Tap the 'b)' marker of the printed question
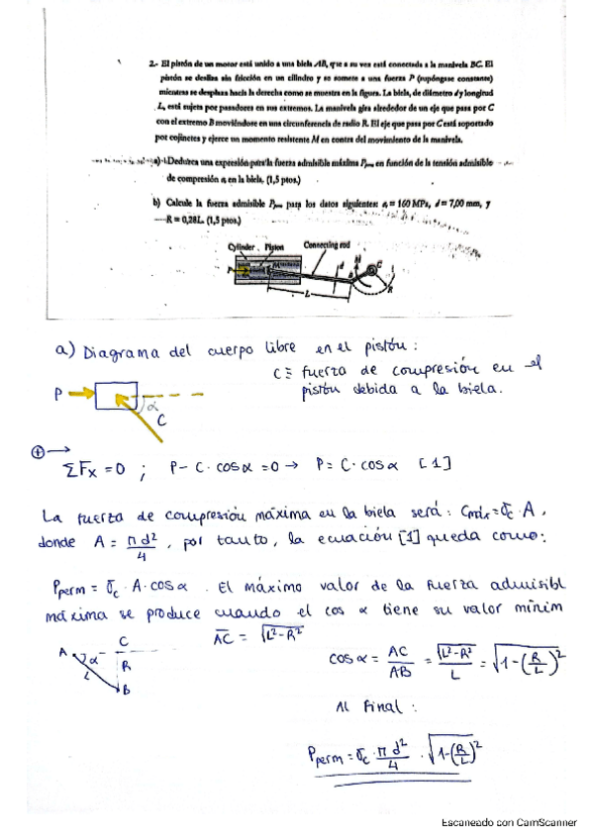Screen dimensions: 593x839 [156, 204]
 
